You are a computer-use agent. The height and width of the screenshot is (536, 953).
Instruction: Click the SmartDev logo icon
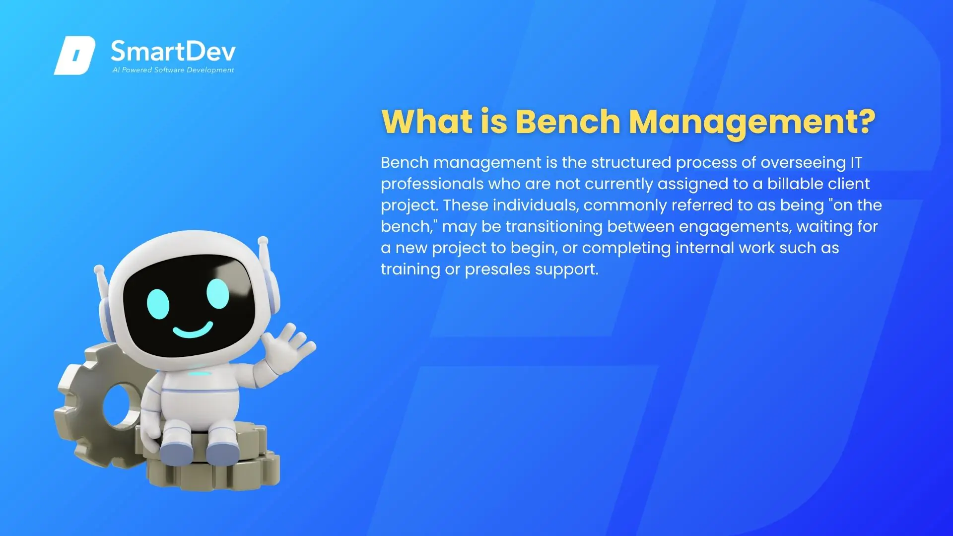coord(74,56)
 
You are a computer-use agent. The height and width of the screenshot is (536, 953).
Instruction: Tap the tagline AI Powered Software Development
coord(173,70)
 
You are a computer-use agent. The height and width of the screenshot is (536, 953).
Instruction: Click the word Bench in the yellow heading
coord(568,122)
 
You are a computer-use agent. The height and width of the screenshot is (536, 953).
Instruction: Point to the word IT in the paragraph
coord(856,162)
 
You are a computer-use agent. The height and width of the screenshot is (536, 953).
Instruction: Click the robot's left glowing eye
coord(158,304)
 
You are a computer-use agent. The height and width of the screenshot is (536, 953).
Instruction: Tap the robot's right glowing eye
coord(217,293)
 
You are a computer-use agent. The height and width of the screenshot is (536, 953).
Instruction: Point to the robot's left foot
coord(176,451)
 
